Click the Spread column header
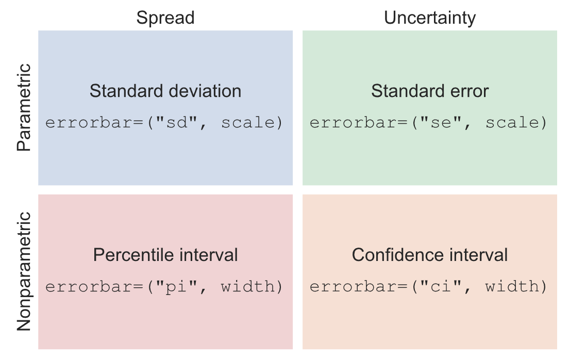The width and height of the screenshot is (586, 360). pos(165,18)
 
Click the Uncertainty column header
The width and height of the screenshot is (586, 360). pos(430,18)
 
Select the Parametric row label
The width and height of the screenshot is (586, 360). pos(24,107)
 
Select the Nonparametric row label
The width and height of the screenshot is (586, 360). pos(24,271)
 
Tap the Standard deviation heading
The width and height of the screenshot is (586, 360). pos(165,91)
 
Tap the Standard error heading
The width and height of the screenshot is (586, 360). pos(430,91)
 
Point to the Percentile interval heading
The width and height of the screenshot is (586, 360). pos(165,255)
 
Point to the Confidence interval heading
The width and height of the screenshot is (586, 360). pos(430,255)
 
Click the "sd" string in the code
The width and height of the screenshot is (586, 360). pos(176,122)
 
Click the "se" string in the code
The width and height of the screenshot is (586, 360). pos(441,122)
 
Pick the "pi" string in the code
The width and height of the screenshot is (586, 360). pos(176,287)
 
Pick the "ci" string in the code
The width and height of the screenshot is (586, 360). pos(441,287)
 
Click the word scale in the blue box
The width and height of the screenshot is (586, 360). pos(248,122)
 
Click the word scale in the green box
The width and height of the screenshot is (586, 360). pos(512,122)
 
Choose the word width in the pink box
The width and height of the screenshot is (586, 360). pos(248,286)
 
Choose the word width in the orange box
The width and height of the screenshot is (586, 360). pos(512,286)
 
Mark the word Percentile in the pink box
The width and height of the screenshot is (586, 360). pos(133,255)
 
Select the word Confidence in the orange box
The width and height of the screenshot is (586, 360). pos(398,255)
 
